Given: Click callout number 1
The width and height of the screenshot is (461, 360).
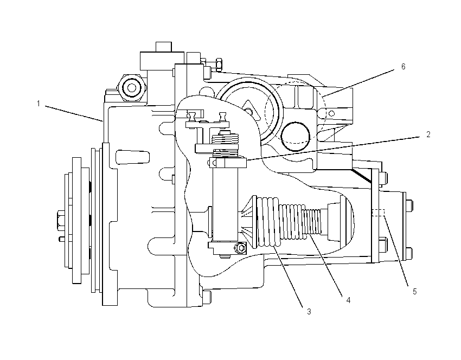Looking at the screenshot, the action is (x=38, y=104).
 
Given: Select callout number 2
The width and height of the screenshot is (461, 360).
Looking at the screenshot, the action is (x=428, y=134).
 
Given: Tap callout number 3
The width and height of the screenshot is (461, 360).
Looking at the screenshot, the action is (x=309, y=312).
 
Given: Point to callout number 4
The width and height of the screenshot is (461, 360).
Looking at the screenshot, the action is (x=348, y=300).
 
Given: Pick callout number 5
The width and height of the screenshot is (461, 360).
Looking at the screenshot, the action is (x=414, y=292).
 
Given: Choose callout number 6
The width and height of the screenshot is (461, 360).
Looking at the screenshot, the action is (x=403, y=67).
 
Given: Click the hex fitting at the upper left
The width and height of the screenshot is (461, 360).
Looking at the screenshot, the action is (x=131, y=88).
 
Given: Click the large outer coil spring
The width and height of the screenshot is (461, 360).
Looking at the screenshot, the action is (x=268, y=222).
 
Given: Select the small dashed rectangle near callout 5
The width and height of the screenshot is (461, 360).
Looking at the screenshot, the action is (x=378, y=213).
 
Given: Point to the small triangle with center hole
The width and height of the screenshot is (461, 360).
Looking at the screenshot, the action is (x=251, y=111).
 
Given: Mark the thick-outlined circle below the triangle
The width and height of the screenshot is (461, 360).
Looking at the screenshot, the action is (x=295, y=137).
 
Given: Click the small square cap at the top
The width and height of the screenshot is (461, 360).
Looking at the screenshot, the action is (x=163, y=47).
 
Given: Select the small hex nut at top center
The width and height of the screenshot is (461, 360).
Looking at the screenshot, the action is (x=219, y=65).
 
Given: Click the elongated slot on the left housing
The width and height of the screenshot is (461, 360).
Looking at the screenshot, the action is (x=132, y=157).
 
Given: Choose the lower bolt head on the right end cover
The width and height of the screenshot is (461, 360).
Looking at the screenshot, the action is (x=409, y=254).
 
